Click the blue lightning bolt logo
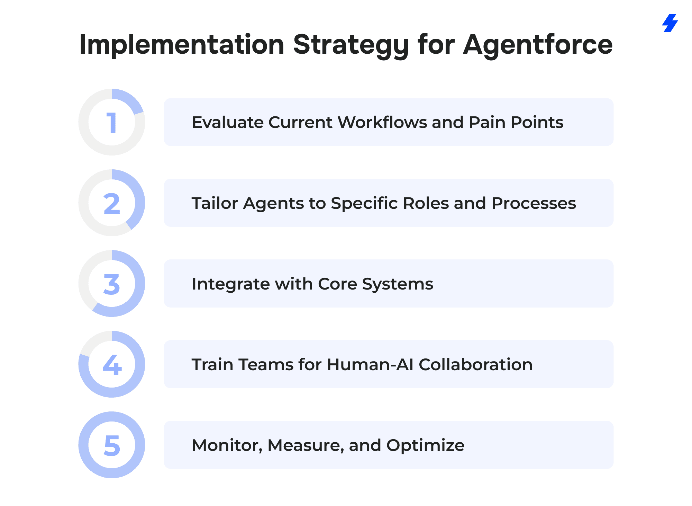pos(670,23)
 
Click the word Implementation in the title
pos(182,45)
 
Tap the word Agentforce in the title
pos(538,44)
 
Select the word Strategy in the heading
pos(351,45)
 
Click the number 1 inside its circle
pos(111,123)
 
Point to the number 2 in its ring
pos(112,203)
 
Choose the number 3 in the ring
pos(112,284)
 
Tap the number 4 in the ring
pos(112,365)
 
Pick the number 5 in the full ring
pos(112,445)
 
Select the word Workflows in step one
pos(383,122)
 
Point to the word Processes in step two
pos(534,203)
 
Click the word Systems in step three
pos(398,284)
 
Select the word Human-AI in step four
pos(370,364)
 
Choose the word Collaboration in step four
pos(476,364)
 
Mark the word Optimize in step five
pos(426,446)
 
